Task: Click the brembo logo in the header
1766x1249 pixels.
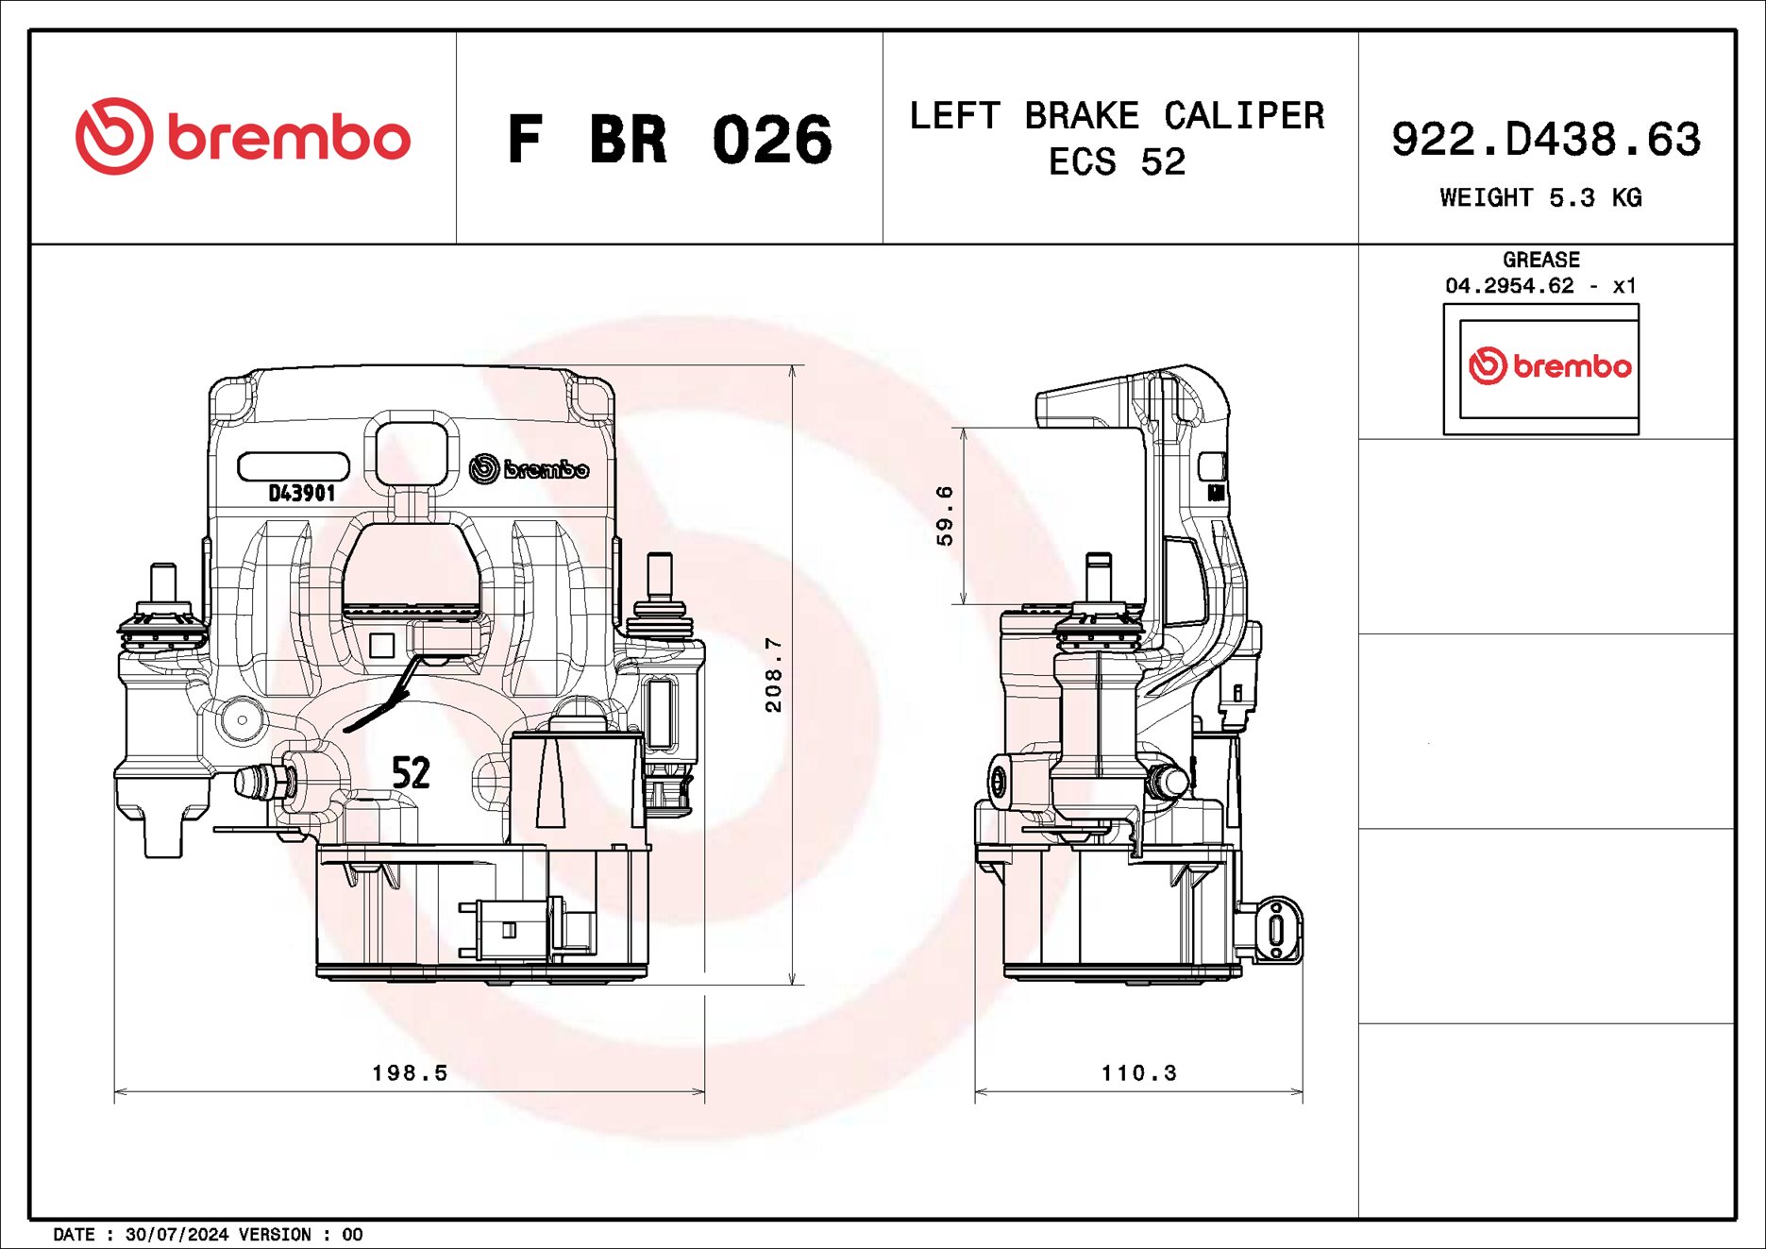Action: pyautogui.click(x=243, y=137)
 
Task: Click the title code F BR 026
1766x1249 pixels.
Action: pyautogui.click(x=669, y=140)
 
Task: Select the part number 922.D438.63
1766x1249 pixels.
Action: pyautogui.click(x=1545, y=140)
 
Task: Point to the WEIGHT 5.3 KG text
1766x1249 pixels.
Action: pyautogui.click(x=1540, y=198)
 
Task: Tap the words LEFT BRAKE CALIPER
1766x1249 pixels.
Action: pyautogui.click(x=1117, y=116)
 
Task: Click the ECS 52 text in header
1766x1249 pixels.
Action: pyautogui.click(x=1117, y=162)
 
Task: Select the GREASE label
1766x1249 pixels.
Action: pyautogui.click(x=1540, y=260)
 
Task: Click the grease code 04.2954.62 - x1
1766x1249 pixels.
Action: pyautogui.click(x=1540, y=285)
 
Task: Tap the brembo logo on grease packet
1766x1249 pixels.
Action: pyautogui.click(x=1549, y=366)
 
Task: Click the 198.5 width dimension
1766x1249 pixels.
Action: pyautogui.click(x=410, y=1072)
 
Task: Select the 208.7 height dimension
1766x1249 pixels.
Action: pyautogui.click(x=773, y=674)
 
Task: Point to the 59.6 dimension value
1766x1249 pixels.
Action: pyautogui.click(x=945, y=515)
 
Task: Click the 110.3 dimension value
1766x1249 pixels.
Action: pyautogui.click(x=1139, y=1072)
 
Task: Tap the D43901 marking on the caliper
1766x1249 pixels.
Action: pyautogui.click(x=302, y=493)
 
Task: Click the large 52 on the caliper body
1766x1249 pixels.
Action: pyautogui.click(x=411, y=773)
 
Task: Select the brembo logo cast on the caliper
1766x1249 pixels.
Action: pyautogui.click(x=529, y=468)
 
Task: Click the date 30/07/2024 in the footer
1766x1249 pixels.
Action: pyautogui.click(x=177, y=1235)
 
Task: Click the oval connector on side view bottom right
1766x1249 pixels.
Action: pyautogui.click(x=1276, y=929)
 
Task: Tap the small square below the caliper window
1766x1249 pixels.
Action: pyautogui.click(x=381, y=646)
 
